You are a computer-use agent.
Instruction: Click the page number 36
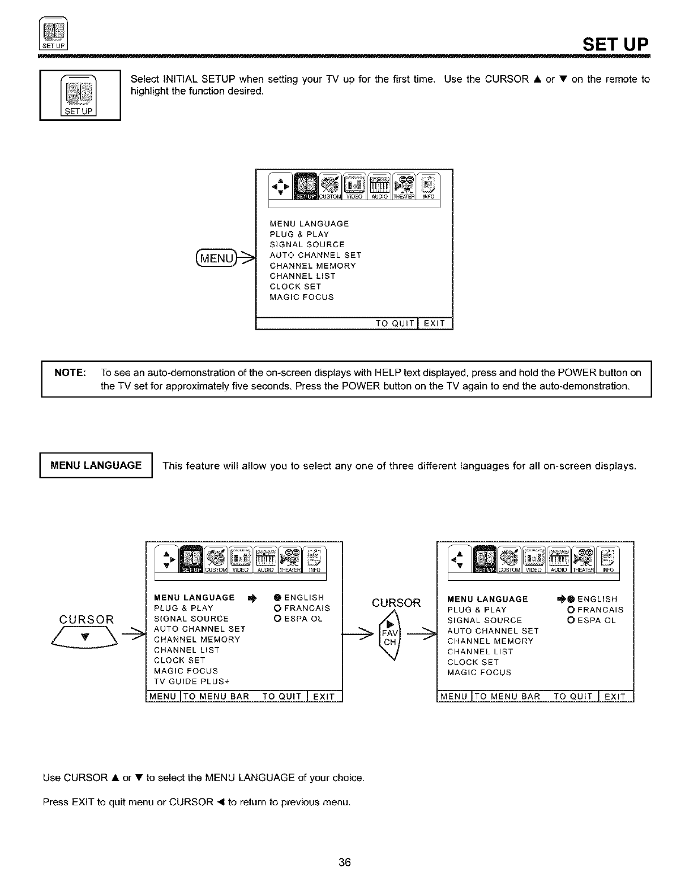345,862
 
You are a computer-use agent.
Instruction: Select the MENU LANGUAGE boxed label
96,465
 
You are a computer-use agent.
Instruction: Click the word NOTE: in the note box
70,373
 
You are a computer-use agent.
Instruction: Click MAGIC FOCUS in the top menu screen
302,297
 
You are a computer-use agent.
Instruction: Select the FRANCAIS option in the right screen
596,610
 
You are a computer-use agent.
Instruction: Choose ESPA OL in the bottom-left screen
298,619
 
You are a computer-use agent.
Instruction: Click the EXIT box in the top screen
435,323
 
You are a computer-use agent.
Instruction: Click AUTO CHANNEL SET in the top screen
315,255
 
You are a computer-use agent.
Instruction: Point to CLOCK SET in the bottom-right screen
473,662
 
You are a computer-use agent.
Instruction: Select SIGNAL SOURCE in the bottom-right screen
485,620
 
